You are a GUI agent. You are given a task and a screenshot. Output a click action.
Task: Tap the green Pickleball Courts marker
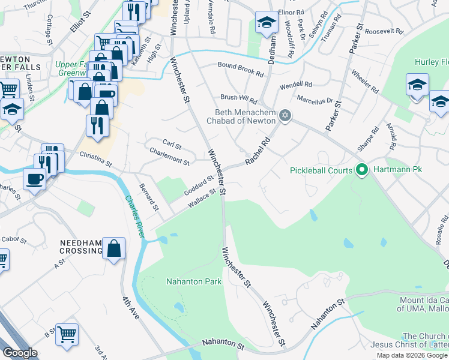(361, 170)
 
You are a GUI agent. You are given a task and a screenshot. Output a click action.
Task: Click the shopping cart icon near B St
(67, 334)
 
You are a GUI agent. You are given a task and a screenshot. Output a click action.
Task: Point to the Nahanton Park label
(194, 281)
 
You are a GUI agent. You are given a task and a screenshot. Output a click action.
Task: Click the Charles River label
(135, 217)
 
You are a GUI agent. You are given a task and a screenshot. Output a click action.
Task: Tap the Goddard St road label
(198, 182)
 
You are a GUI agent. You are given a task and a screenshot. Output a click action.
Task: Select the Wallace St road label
(201, 198)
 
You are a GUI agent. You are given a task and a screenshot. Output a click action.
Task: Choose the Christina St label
(95, 159)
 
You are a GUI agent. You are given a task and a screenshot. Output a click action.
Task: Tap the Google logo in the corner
(20, 353)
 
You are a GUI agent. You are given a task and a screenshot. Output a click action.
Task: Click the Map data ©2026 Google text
(412, 355)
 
